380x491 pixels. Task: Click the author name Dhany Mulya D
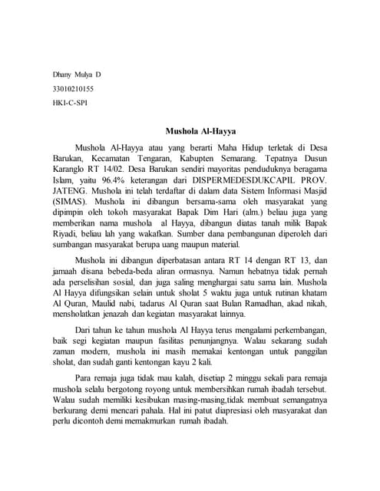pyautogui.click(x=76, y=75)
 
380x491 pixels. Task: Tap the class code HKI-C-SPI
pyautogui.click(x=70, y=103)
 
